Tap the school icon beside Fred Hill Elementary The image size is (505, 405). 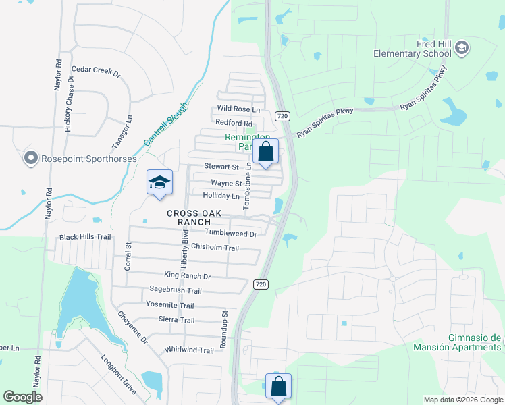pos(462,47)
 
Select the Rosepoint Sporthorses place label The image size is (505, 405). pos(88,159)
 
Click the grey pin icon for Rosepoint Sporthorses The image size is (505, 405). pos(30,159)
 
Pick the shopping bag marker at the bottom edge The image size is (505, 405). pos(278,387)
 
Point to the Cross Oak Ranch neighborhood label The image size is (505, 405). pos(194,217)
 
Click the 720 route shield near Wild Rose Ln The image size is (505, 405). pos(283,116)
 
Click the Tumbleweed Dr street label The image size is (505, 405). pos(231,234)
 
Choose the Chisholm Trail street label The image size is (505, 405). pos(215,248)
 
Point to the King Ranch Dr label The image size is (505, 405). pos(188,276)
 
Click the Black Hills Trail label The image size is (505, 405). pos(85,237)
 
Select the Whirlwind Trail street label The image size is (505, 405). pos(189,350)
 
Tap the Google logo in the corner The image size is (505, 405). pos(22,396)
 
